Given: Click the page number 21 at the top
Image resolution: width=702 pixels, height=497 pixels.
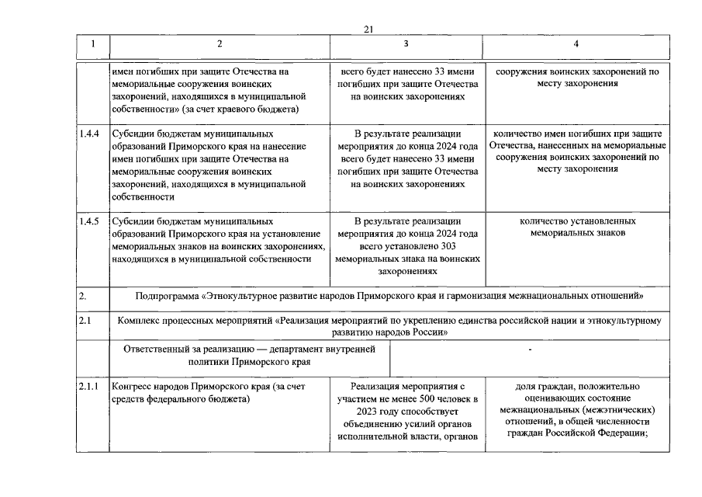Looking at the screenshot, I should pyautogui.click(x=368, y=29).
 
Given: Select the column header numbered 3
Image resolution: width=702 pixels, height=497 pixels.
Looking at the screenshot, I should pyautogui.click(x=406, y=44).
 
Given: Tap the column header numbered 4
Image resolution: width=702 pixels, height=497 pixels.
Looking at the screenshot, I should pyautogui.click(x=576, y=44).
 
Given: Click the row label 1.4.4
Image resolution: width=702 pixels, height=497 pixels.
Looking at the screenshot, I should pyautogui.click(x=89, y=134).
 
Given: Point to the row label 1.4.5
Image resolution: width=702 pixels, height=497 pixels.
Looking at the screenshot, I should pyautogui.click(x=89, y=221).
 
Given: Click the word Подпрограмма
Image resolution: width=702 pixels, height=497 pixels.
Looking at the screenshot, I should pyautogui.click(x=167, y=296).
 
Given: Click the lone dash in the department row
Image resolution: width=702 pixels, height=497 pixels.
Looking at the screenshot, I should pyautogui.click(x=529, y=351).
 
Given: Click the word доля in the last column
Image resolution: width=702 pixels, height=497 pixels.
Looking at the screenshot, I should pyautogui.click(x=526, y=386).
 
